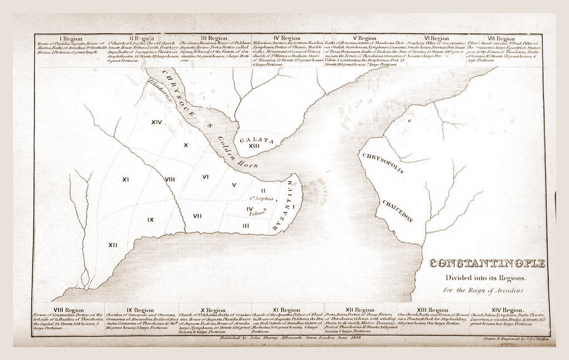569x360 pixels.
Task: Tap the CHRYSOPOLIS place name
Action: pyautogui.click(x=383, y=163)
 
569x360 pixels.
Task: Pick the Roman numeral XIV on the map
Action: pyautogui.click(x=157, y=122)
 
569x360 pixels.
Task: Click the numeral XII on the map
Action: pyautogui.click(x=113, y=244)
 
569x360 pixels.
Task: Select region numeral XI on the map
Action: pyautogui.click(x=126, y=179)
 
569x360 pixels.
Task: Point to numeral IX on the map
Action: pyautogui.click(x=151, y=219)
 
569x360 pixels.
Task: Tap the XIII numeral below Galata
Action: pyautogui.click(x=254, y=146)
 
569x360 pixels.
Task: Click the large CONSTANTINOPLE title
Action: pyautogui.click(x=487, y=263)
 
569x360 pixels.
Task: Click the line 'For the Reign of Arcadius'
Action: pyautogui.click(x=483, y=290)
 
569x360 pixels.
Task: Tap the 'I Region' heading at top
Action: pyautogui.click(x=70, y=38)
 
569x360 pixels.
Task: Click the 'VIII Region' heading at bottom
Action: pyautogui.click(x=69, y=309)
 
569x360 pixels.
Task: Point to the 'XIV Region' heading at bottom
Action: pyautogui.click(x=505, y=309)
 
